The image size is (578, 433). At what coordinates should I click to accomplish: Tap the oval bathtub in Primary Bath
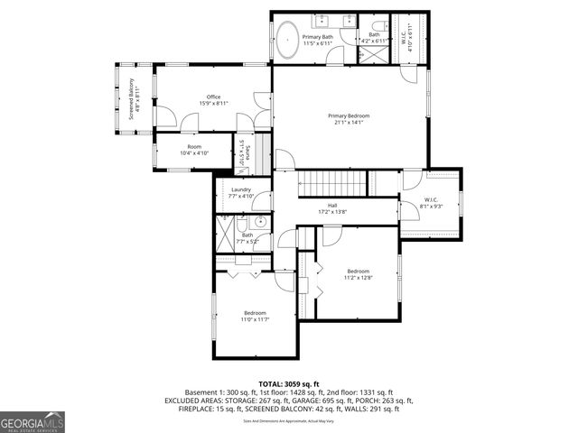(x=287, y=41)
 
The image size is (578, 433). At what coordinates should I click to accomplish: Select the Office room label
(x=213, y=97)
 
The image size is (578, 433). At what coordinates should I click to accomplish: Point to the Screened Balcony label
(x=131, y=99)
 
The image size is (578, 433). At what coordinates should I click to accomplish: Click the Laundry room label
(x=240, y=189)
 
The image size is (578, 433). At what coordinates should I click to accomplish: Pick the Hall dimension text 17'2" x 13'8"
(x=332, y=212)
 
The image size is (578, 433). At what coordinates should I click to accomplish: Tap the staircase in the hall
(x=334, y=183)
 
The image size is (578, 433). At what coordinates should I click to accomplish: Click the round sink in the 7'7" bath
(x=259, y=221)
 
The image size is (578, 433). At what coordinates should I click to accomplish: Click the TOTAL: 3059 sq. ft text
(x=288, y=383)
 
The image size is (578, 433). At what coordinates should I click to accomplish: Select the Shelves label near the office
(x=241, y=153)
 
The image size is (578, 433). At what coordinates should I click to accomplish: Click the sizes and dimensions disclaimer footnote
(x=288, y=419)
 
